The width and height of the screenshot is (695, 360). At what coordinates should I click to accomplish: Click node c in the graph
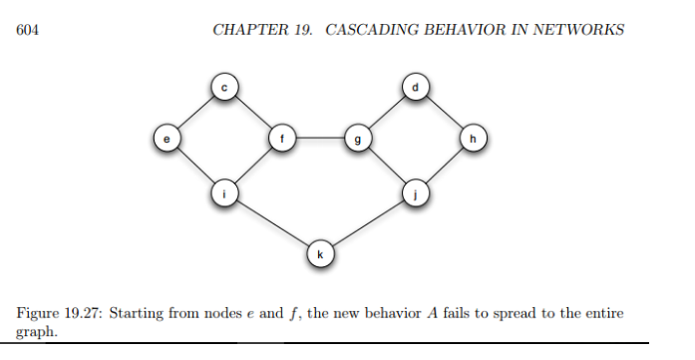point(224,89)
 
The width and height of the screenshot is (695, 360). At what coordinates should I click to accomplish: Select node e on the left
point(167,139)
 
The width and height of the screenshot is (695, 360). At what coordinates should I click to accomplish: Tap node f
point(281,139)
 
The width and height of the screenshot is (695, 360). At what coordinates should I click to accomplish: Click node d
point(415,89)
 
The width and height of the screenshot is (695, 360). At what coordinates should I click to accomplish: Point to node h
point(473,139)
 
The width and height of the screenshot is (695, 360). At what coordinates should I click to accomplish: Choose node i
point(224,193)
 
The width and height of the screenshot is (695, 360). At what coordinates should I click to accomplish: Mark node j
point(415,193)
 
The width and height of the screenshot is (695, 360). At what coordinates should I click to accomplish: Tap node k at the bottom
point(319,254)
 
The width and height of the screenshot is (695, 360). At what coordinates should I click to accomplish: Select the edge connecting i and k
point(271,223)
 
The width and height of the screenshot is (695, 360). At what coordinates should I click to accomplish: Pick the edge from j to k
point(367,223)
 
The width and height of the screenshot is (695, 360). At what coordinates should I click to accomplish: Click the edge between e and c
point(195,114)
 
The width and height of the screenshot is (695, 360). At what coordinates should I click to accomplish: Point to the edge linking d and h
point(444,114)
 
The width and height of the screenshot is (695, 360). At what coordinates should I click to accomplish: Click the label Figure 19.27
point(59,313)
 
